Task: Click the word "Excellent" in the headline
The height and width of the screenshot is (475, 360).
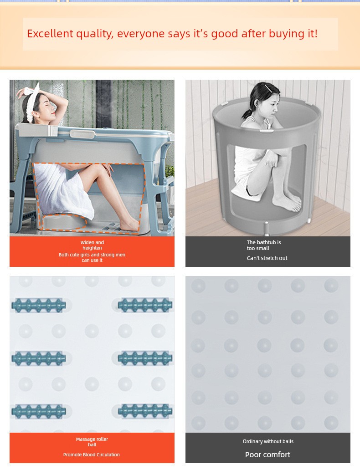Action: pos(50,33)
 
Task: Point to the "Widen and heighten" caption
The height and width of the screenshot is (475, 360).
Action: pos(92,245)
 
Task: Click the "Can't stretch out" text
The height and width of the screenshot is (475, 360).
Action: pos(267,258)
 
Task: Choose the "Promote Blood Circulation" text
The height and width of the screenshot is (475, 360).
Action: pos(92,455)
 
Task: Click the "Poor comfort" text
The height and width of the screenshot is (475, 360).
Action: pos(267,455)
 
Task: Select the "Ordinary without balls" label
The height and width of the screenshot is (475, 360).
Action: pos(268,441)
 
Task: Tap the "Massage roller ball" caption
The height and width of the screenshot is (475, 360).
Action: pos(92,442)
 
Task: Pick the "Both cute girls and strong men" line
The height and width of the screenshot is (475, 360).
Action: pos(92,255)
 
